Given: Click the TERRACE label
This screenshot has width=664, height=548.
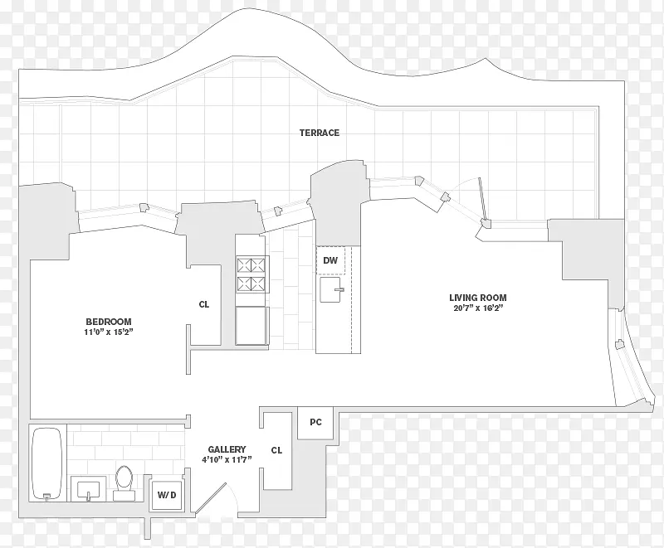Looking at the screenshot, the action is [x=320, y=133].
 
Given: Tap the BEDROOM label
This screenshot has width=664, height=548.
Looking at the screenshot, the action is [x=109, y=322].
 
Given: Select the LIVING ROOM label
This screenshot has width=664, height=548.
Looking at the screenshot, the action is [x=478, y=298].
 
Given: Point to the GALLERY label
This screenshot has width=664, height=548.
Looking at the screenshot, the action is [x=227, y=449].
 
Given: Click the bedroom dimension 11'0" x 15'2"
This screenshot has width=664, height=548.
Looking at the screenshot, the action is [x=109, y=332].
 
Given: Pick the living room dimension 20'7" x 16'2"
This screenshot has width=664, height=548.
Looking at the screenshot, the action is [x=478, y=308].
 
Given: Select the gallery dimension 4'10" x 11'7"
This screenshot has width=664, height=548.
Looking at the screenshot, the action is [x=227, y=460].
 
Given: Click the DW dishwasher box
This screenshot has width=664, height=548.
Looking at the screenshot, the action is [x=330, y=260].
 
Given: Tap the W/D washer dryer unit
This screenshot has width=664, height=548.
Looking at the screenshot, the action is [x=167, y=495].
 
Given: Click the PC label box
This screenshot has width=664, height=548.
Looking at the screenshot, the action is [x=315, y=423].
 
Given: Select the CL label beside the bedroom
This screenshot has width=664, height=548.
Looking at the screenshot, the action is [x=204, y=304].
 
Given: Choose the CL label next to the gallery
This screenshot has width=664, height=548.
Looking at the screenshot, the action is [x=276, y=450].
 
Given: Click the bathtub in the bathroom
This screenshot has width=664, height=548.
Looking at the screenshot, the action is [x=47, y=464].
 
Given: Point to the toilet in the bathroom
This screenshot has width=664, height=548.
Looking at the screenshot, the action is [x=124, y=483].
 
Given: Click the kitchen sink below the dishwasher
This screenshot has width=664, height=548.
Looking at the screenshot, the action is [x=331, y=289].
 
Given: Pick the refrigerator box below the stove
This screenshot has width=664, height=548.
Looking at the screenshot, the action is [x=251, y=326].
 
